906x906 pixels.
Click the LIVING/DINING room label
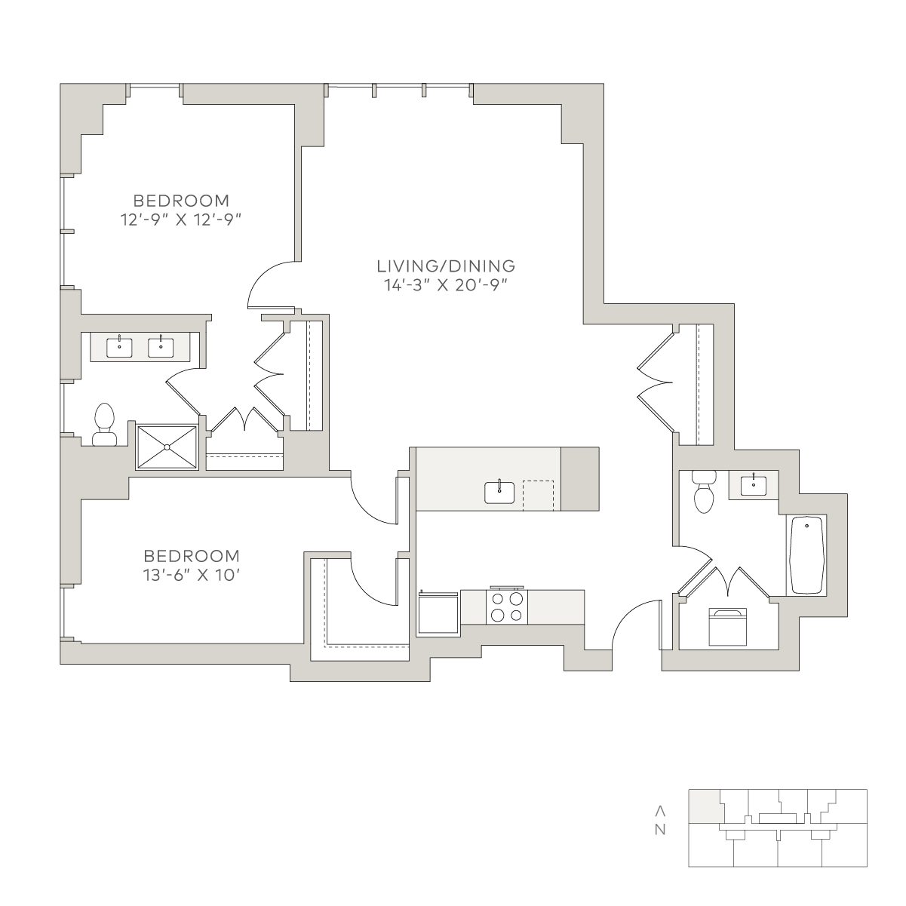pos(446,266)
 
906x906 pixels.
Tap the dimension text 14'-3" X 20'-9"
pos(447,285)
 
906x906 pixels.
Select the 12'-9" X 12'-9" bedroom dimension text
pos(181,220)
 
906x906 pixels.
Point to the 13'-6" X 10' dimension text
pos(192,575)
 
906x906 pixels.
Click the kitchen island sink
pos(499,492)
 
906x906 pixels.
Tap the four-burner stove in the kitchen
pos(506,607)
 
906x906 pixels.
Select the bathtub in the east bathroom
pos(806,555)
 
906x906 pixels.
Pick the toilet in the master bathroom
pos(104,424)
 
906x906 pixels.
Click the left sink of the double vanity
pos(119,348)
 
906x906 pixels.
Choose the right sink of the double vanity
pos(161,348)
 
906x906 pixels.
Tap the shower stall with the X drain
pos(167,447)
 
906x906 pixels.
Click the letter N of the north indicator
pos(660,830)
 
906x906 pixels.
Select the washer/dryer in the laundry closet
pos(727,627)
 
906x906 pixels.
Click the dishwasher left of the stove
pos(438,613)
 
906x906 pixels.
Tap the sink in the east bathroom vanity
pos(754,485)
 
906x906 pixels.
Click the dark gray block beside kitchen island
pos(580,478)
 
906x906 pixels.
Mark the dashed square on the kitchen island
pos(539,496)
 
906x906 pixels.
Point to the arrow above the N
pos(660,811)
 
